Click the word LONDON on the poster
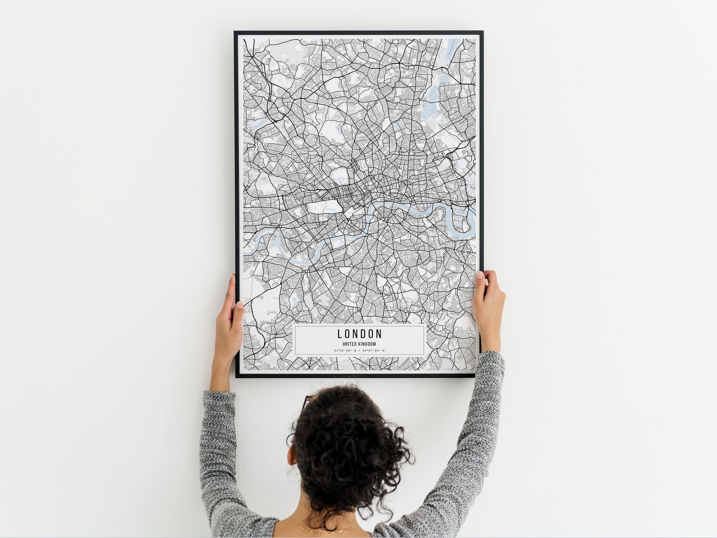pyautogui.click(x=359, y=334)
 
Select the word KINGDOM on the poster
pyautogui.click(x=367, y=344)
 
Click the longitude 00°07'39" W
pyautogui.click(x=372, y=350)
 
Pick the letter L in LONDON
pyautogui.click(x=340, y=334)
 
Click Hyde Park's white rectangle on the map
pyautogui.click(x=324, y=207)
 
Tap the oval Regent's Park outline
pyautogui.click(x=340, y=176)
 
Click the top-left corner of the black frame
pyautogui.click(x=235, y=32)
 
